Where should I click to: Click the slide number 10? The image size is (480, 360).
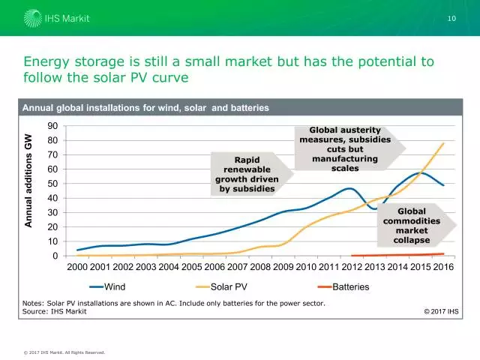[x=451, y=17]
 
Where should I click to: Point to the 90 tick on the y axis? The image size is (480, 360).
[x=53, y=126]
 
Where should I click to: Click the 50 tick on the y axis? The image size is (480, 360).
[x=53, y=184]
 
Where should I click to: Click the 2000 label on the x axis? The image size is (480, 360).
[x=78, y=266]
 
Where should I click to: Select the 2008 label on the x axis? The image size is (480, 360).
[x=260, y=266]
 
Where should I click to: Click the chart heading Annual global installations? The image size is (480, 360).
[x=145, y=108]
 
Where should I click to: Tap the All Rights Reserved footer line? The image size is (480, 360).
[x=64, y=352]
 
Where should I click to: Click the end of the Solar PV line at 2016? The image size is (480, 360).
[x=444, y=142]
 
